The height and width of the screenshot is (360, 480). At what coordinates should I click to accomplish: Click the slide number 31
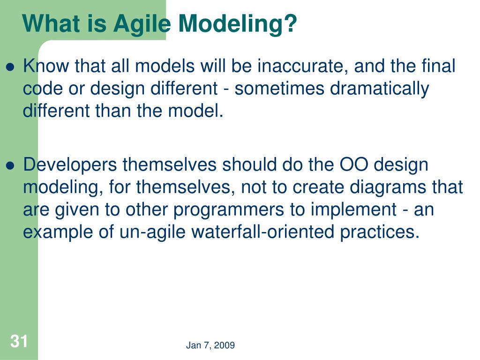point(19,341)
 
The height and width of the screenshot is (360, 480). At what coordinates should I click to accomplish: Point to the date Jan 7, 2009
point(210,345)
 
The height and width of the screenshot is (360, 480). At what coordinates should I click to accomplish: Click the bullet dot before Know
point(10,67)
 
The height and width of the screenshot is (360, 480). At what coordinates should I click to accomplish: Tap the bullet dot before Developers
point(10,165)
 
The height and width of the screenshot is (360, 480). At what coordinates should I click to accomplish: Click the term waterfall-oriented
point(262,232)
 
